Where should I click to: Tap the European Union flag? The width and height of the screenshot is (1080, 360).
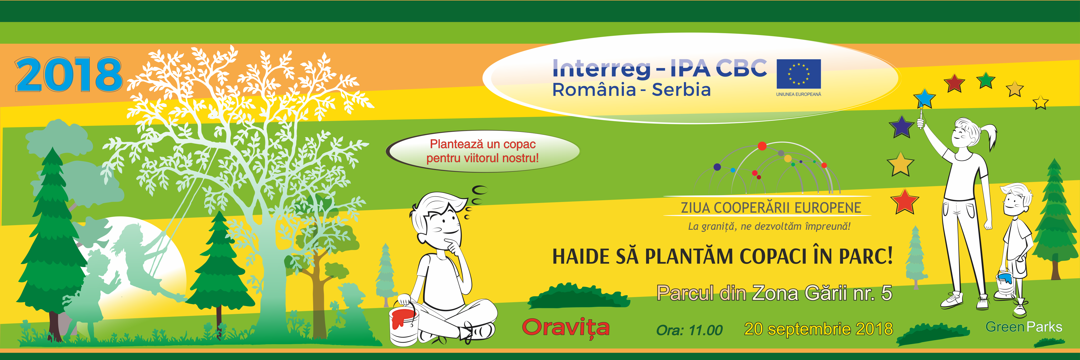pos(799,74)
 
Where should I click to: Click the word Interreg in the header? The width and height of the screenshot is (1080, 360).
pos(602,68)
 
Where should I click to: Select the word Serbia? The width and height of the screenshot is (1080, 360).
pos(681,90)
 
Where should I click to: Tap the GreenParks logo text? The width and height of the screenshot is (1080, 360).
pos(1024,327)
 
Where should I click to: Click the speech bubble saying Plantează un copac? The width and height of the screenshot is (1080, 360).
pos(483,151)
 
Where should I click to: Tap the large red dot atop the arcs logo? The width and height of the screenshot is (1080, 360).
pos(762,146)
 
